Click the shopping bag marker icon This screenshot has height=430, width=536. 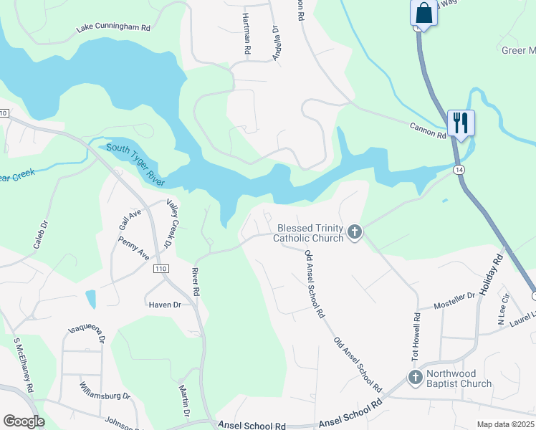[423, 13]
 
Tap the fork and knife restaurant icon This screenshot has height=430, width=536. [459, 123]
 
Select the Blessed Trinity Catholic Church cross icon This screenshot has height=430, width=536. [354, 232]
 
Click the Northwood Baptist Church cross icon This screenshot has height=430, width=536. [415, 377]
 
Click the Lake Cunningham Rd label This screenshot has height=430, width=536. [113, 29]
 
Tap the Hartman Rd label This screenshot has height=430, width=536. [246, 34]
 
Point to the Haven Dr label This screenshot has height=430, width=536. [165, 305]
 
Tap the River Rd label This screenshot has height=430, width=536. [194, 282]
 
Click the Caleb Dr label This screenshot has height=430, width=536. [40, 234]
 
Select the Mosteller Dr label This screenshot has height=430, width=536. [456, 295]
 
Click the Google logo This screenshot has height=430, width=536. [23, 421]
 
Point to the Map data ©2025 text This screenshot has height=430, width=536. [504, 424]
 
